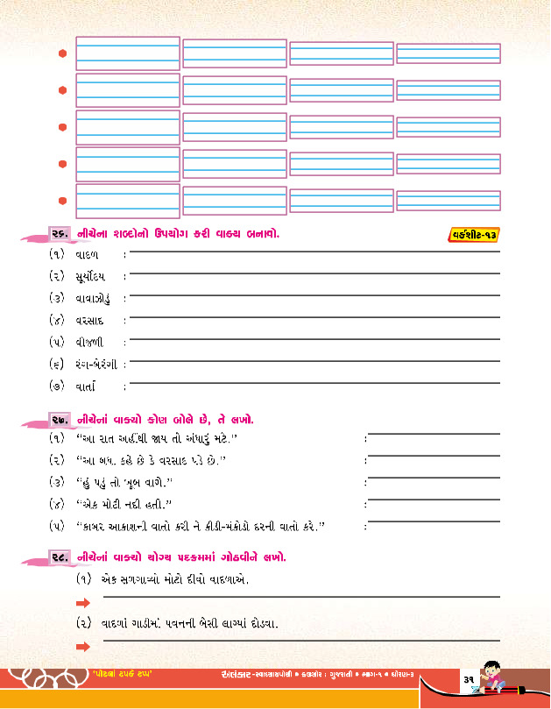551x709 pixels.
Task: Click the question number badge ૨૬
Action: coord(61,233)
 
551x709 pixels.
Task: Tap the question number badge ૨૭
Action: coord(61,419)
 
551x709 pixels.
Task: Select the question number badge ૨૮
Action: coord(61,557)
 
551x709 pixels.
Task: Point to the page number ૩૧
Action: coord(469,680)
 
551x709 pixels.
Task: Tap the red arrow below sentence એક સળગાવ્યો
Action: coord(83,603)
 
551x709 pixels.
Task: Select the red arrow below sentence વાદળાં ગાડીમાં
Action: coord(83,647)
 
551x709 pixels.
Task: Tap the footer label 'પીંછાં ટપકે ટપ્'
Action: coord(121,673)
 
